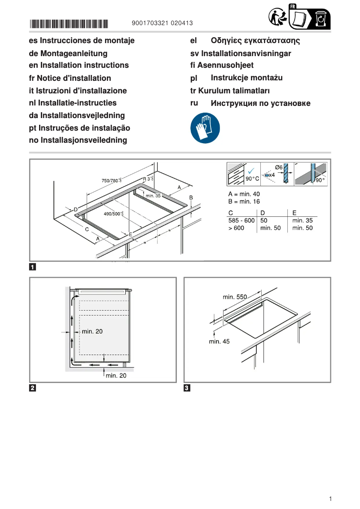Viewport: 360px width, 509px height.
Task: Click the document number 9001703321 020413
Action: [x=162, y=23]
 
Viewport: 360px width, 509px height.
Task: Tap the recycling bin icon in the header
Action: [x=320, y=19]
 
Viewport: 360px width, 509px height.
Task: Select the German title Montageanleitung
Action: [x=68, y=53]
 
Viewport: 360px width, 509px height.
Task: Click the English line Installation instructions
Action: [x=79, y=66]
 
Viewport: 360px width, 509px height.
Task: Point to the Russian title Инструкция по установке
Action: [x=260, y=104]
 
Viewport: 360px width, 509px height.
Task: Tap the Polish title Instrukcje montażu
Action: [x=246, y=78]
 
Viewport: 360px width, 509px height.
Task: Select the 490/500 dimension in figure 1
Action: [x=114, y=214]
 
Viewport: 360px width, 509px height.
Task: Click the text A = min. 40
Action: [x=244, y=194]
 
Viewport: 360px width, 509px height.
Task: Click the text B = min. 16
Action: [x=244, y=202]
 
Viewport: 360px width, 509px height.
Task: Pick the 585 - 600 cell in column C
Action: [x=241, y=220]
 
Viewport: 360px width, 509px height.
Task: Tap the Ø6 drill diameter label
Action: [x=278, y=167]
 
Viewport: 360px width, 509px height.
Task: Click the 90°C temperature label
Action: [x=252, y=178]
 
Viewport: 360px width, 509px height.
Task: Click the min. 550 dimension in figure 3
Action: [x=235, y=297]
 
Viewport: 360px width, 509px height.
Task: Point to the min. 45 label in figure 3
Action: [x=219, y=342]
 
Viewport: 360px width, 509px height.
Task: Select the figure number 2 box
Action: [x=33, y=388]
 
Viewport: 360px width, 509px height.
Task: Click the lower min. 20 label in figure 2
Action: [x=116, y=376]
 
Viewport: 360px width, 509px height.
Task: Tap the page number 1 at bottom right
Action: [x=330, y=499]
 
